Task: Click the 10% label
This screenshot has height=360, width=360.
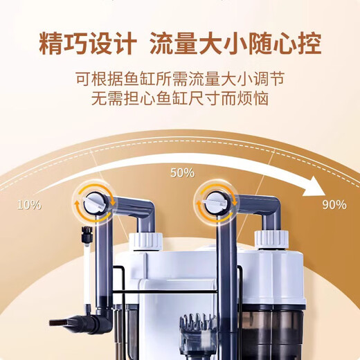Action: click(29, 205)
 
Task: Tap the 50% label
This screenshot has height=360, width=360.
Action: click(182, 172)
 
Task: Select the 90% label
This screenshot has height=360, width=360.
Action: click(334, 204)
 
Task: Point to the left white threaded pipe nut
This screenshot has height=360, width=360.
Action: click(145, 242)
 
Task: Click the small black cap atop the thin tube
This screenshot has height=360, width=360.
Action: click(87, 234)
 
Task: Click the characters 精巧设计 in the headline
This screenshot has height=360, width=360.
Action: click(88, 44)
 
